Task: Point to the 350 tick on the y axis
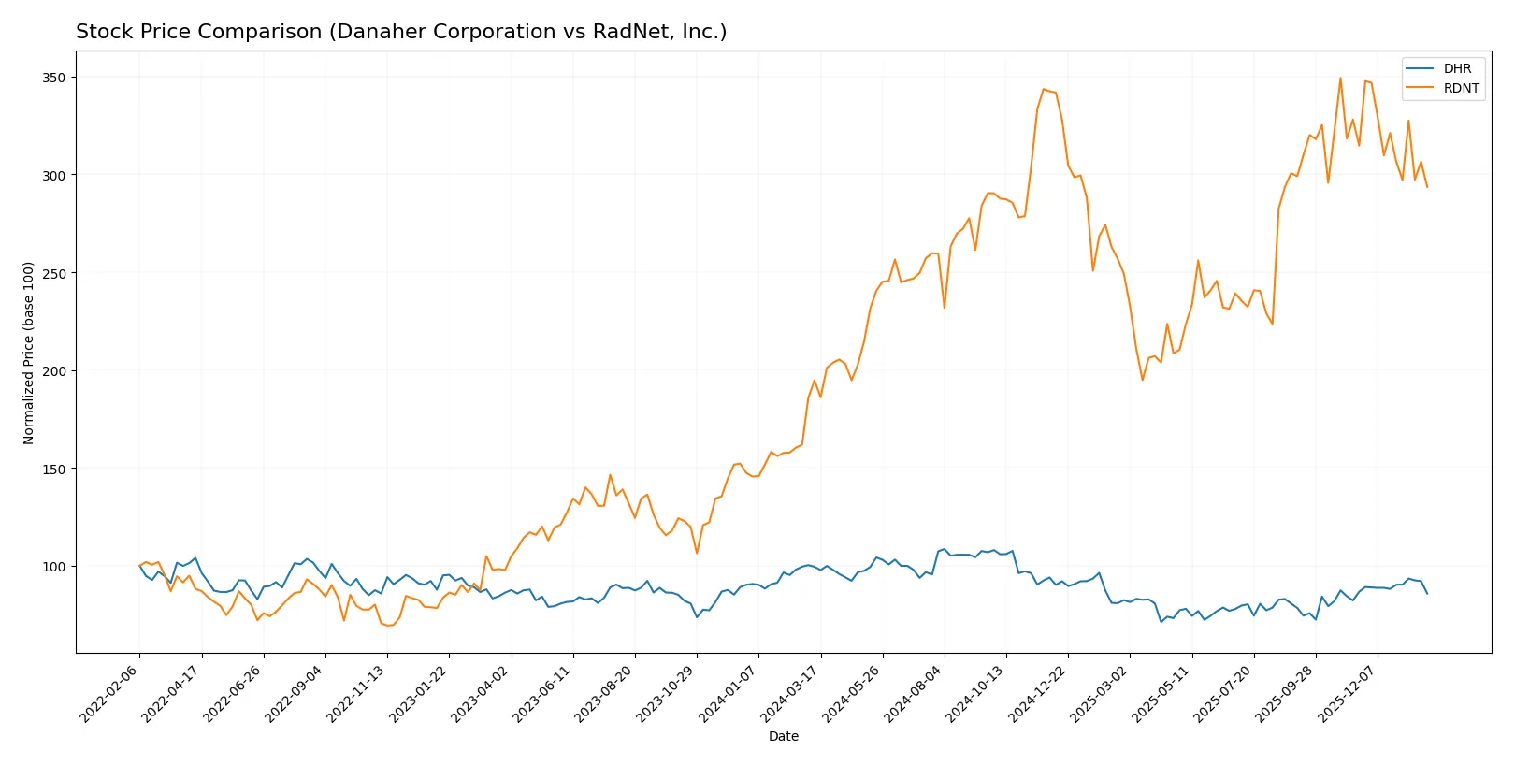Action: [x=54, y=78]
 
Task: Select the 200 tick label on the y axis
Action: [x=54, y=371]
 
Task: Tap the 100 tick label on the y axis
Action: [x=54, y=567]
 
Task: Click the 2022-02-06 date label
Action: [x=110, y=693]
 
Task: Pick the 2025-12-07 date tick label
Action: [x=1349, y=693]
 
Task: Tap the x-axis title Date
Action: [x=783, y=736]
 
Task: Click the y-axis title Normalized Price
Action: [x=29, y=353]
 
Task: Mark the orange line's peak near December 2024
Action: [x=1044, y=89]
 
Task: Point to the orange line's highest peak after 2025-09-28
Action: [x=1340, y=78]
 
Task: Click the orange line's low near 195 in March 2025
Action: [x=1142, y=380]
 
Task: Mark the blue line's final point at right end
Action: [x=1427, y=593]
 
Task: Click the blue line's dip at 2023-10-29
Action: [x=697, y=617]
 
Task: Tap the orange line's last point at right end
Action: [x=1427, y=187]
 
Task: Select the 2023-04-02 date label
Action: [x=482, y=693]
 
